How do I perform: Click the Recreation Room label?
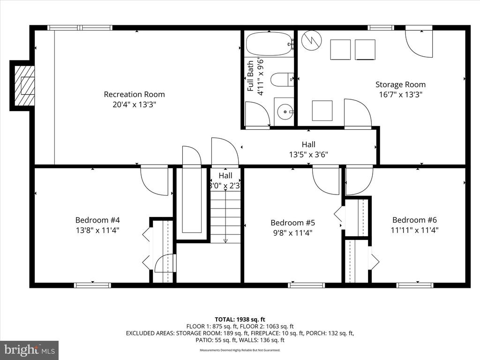pyautogui.click(x=134, y=94)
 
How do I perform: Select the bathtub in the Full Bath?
pyautogui.click(x=269, y=44)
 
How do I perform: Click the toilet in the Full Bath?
pyautogui.click(x=282, y=80)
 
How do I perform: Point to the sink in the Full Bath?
pyautogui.click(x=284, y=112)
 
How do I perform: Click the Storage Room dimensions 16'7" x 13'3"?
pyautogui.click(x=400, y=94)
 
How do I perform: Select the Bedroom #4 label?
pyautogui.click(x=94, y=220)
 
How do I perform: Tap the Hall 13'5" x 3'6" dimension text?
pyautogui.click(x=308, y=154)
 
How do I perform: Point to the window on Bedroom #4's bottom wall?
pyautogui.click(x=92, y=285)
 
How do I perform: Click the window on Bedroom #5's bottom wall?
pyautogui.click(x=306, y=285)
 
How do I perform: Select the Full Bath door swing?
pyautogui.click(x=257, y=114)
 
